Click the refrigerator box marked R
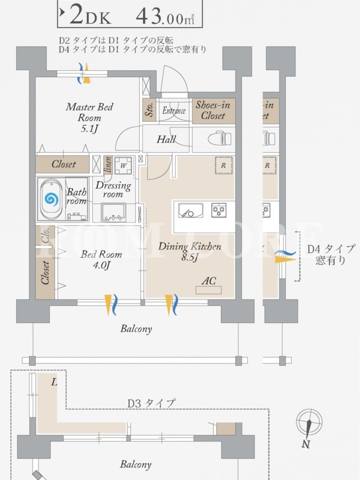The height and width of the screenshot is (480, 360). pos(223,165)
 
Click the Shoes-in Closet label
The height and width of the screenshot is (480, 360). pos(213,110)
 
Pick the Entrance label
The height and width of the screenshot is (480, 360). pos(172,110)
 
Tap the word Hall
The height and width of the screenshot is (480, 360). pos(166,140)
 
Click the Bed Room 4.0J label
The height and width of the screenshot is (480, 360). pos(95,259)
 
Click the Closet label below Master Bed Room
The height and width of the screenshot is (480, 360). pos(63,164)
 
